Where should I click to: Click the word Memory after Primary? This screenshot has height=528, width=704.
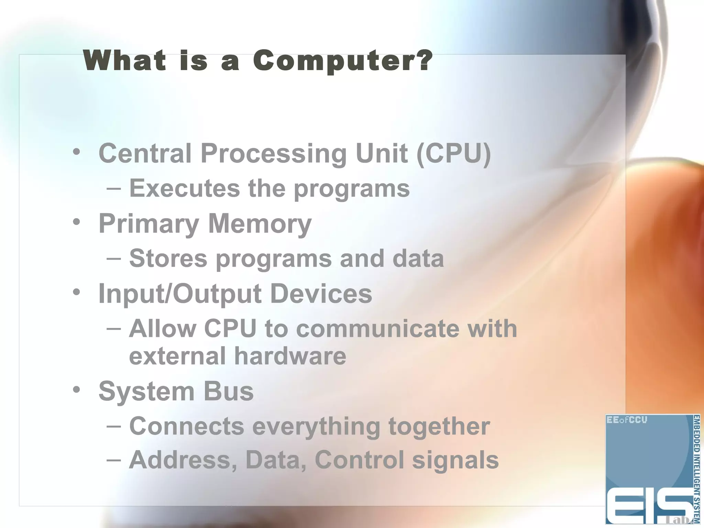click(x=260, y=223)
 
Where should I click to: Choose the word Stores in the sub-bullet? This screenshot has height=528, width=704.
click(x=168, y=258)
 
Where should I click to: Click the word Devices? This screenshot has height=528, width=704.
click(x=321, y=294)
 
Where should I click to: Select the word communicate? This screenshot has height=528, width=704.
click(x=377, y=329)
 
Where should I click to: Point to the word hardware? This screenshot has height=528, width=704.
click(x=290, y=356)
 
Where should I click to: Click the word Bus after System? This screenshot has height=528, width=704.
click(x=229, y=392)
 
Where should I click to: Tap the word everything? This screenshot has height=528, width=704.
click(x=316, y=427)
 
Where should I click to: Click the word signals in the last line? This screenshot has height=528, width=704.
click(x=455, y=461)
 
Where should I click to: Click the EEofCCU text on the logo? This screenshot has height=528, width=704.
click(x=627, y=420)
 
